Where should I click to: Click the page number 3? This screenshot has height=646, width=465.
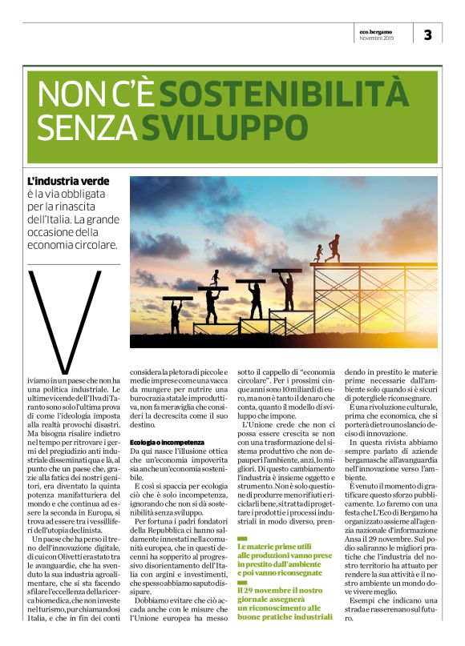click(428, 34)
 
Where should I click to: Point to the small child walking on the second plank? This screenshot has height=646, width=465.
click(214, 278)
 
